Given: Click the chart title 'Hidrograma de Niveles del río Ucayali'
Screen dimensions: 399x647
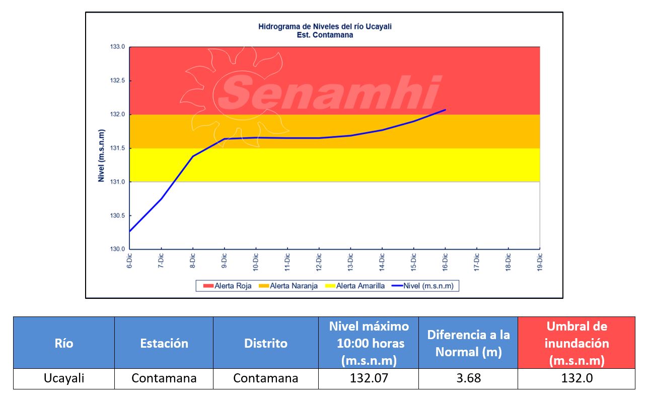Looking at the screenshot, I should click(x=325, y=27).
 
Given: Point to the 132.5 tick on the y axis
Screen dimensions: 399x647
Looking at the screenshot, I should click(x=118, y=81).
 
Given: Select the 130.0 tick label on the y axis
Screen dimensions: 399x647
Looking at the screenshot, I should click(x=118, y=249).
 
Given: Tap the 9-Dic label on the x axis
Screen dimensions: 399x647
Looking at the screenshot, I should click(x=225, y=261).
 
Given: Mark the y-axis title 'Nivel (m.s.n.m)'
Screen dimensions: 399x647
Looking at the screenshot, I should click(x=101, y=156).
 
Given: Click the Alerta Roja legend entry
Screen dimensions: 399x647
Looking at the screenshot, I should click(x=228, y=286).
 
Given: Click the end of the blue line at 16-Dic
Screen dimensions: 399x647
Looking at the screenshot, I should click(x=445, y=110).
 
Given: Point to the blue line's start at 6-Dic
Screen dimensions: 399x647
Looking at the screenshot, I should click(x=130, y=231).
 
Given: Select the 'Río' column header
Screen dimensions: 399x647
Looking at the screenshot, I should click(x=64, y=343).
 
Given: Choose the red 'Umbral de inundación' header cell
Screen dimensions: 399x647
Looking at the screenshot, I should click(x=577, y=343).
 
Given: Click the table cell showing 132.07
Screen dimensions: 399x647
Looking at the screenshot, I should click(x=369, y=378).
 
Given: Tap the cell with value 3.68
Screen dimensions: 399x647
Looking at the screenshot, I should click(x=468, y=378).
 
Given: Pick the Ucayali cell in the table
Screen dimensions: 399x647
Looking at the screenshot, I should click(x=64, y=378).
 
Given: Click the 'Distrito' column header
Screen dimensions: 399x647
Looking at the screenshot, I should click(x=266, y=343).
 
